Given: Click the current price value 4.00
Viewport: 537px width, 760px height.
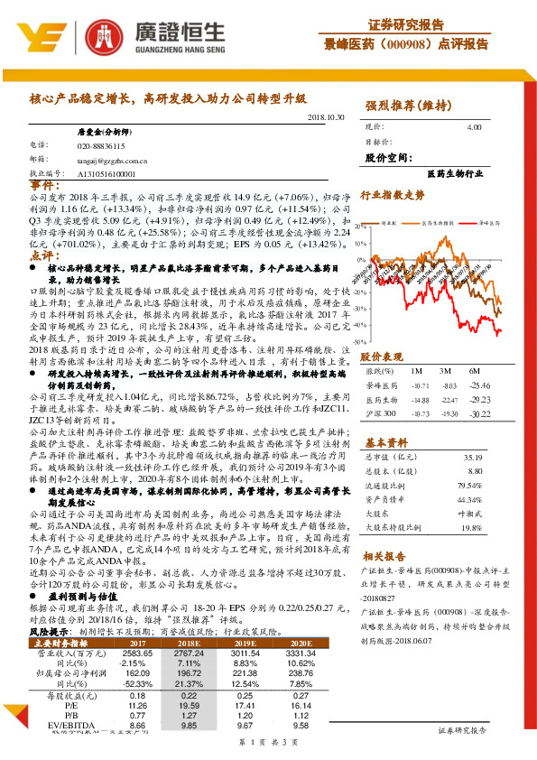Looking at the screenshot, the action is point(474,128).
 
